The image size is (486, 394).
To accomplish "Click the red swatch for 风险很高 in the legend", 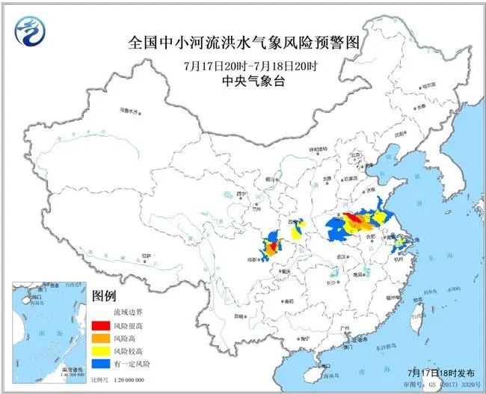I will click(99, 325).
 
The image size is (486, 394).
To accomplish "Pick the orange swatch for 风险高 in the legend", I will click(99, 338).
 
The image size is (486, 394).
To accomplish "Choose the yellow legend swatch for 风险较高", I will click(99, 351).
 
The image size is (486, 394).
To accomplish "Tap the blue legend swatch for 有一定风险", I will click(99, 363).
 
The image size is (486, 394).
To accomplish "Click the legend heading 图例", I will click(104, 297).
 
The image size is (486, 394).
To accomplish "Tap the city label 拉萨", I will click(148, 256).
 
